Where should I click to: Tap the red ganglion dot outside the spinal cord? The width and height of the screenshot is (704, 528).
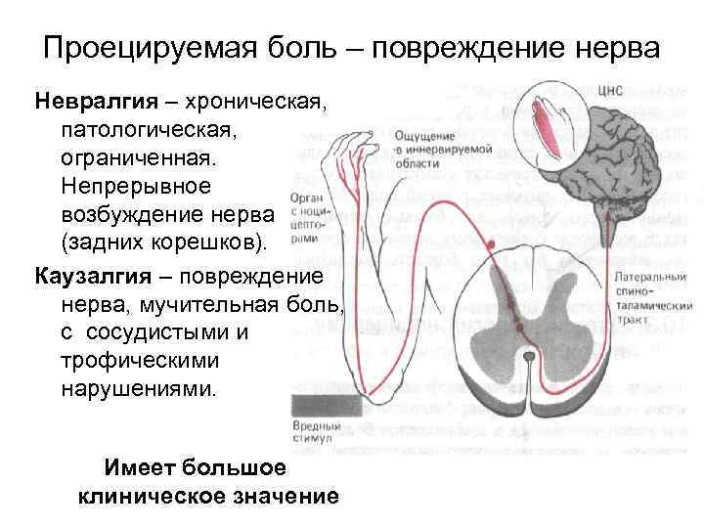tap(493, 242)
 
